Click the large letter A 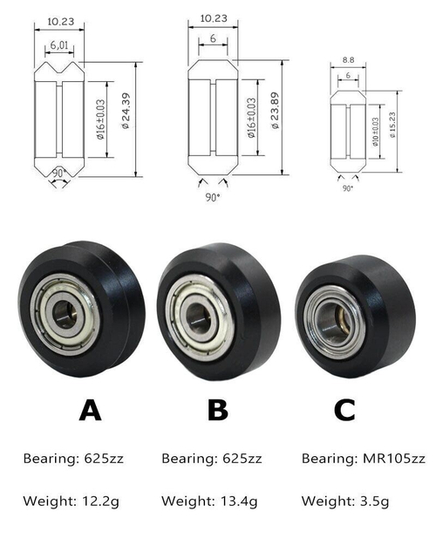click(90, 409)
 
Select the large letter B click(218, 409)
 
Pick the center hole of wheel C click(328, 320)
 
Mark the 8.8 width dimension click(349, 61)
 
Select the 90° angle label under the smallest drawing click(348, 187)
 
